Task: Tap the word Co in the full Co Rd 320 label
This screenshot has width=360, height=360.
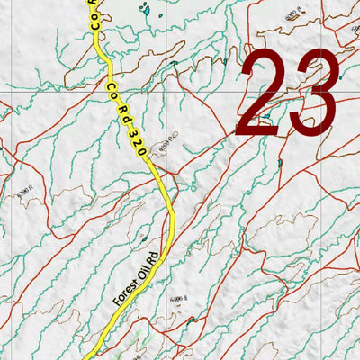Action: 112,89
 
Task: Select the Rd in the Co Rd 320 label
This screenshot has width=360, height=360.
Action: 121,111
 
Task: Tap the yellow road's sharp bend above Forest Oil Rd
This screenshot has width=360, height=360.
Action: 170,210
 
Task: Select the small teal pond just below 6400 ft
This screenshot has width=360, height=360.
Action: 190,318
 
